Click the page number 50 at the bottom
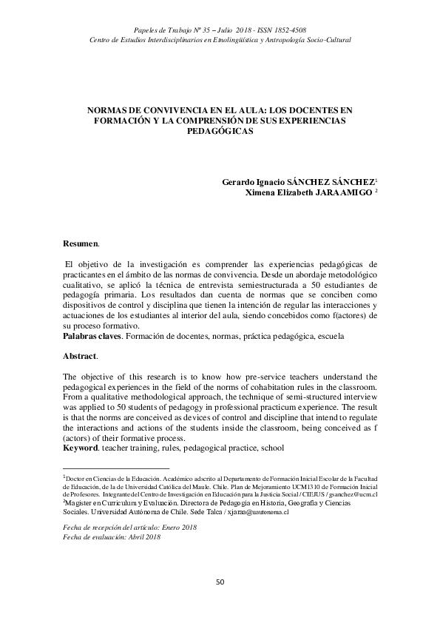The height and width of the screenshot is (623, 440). coord(220,582)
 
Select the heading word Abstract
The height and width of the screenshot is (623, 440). coord(80,356)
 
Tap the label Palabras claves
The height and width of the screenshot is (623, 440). coord(91,336)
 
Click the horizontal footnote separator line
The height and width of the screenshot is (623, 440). coord(115,468)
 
